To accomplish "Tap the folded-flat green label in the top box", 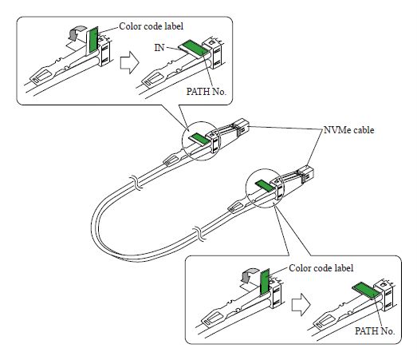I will pos(194,49).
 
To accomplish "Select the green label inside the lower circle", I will pos(263,185).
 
